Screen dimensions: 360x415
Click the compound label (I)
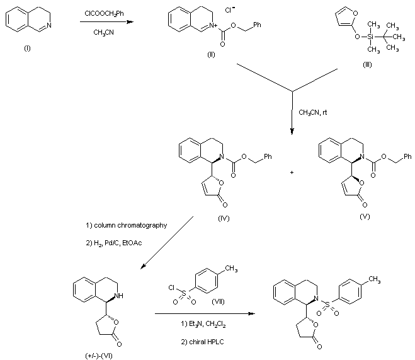(27, 49)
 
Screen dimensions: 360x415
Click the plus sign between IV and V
(292, 171)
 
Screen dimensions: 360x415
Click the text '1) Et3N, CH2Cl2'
(192, 324)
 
